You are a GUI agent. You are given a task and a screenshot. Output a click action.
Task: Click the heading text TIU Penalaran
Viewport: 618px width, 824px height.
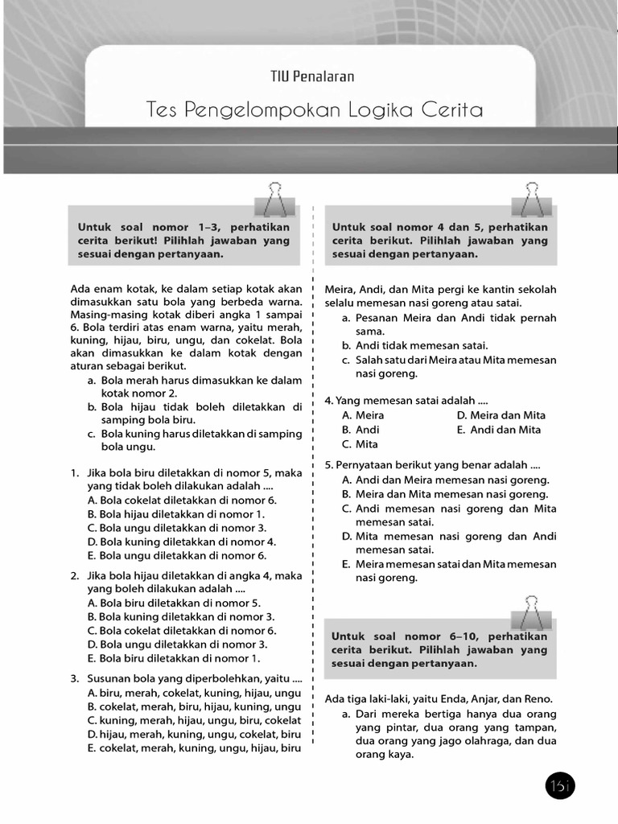pos(312,76)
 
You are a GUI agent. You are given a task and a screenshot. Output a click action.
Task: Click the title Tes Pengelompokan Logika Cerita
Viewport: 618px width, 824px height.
pos(315,109)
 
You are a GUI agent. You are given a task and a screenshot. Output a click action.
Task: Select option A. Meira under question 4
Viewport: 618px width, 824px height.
pos(363,415)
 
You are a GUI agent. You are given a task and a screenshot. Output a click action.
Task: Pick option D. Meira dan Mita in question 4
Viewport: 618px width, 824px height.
pos(501,415)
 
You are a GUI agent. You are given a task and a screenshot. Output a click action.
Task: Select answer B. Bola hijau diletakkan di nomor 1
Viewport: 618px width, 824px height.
pos(175,513)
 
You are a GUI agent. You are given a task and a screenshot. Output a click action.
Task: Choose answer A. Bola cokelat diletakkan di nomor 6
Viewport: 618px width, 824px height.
pos(181,500)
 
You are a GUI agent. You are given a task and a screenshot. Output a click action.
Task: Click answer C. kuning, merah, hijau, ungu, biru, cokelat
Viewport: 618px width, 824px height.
pos(193,720)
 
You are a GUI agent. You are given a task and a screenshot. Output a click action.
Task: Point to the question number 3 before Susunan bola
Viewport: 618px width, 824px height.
pos(74,678)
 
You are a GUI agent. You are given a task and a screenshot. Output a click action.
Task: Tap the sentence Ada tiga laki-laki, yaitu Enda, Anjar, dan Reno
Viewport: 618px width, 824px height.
pos(439,698)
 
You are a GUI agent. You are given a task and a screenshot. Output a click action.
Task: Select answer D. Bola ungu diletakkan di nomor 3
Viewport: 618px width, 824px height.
pos(177,645)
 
